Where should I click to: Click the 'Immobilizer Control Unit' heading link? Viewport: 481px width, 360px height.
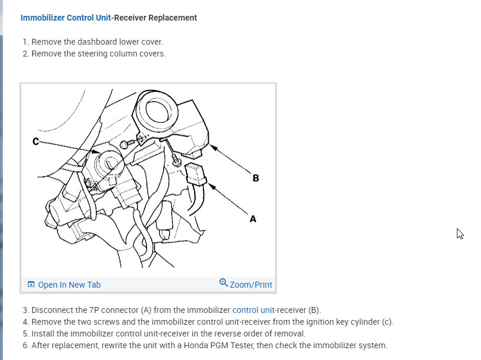point(65,18)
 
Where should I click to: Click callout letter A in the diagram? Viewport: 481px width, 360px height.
point(253,219)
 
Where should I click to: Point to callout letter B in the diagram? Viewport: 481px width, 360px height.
point(256,178)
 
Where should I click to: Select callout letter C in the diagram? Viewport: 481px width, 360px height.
point(36,141)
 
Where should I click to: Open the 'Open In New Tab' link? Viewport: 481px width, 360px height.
point(69,285)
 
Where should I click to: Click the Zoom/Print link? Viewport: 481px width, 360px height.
point(250,285)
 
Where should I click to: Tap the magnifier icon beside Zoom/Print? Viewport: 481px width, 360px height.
point(223,283)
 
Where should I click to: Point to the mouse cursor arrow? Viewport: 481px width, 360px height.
point(460,233)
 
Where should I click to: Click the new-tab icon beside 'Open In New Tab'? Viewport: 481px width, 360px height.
point(31,285)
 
